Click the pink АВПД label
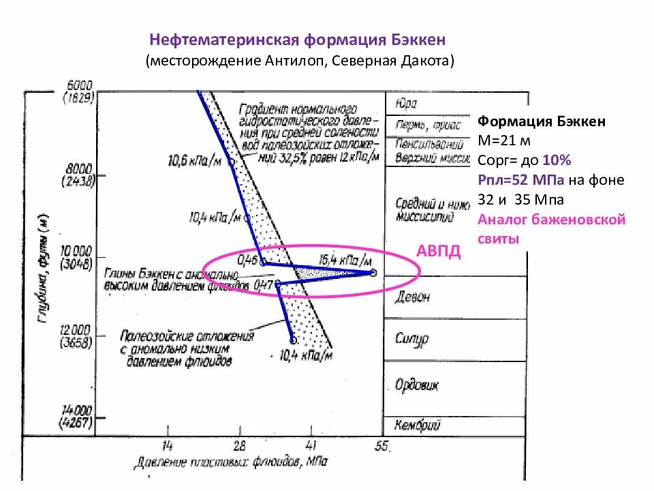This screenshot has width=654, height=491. (439, 251)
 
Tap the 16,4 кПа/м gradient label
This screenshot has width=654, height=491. (345, 260)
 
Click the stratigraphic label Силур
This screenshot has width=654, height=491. (411, 339)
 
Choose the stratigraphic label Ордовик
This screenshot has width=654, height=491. (417, 385)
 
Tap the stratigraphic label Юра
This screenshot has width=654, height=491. (405, 104)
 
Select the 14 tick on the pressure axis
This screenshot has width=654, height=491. (168, 446)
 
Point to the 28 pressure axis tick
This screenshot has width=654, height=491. (239, 446)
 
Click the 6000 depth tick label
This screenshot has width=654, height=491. (80, 86)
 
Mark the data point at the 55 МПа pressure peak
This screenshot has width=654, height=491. (373, 272)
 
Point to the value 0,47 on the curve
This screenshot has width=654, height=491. (264, 284)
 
